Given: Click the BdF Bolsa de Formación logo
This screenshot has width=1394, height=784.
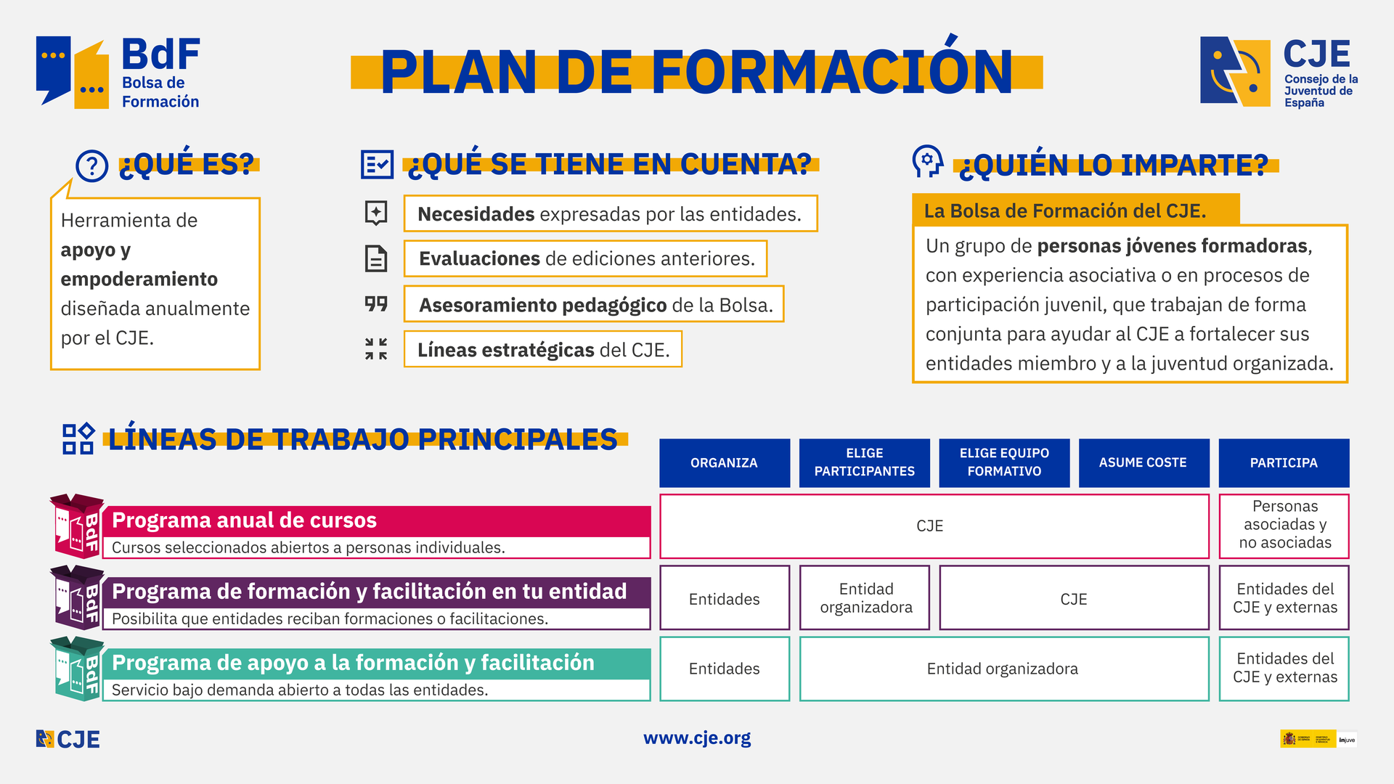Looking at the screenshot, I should click(x=118, y=73).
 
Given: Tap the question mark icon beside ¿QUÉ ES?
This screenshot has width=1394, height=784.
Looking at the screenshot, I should click(x=92, y=166).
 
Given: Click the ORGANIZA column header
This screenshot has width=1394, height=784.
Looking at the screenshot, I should click(x=724, y=462).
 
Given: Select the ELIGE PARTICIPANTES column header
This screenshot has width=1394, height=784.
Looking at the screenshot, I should click(x=864, y=462).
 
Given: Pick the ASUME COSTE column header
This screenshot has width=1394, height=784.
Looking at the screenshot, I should click(x=1143, y=462).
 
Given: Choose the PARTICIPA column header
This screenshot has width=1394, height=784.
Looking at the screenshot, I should click(x=1283, y=462).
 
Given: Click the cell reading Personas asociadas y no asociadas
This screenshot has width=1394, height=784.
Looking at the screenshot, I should click(x=1284, y=525).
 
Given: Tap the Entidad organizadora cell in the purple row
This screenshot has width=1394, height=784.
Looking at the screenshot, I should click(x=865, y=598).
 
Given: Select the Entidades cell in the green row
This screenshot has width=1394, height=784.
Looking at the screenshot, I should click(x=724, y=669).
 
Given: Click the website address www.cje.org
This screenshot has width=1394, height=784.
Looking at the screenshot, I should click(x=697, y=738).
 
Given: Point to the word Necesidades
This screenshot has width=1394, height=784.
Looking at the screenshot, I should click(x=476, y=214).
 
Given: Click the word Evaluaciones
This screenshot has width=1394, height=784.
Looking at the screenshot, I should click(x=479, y=259).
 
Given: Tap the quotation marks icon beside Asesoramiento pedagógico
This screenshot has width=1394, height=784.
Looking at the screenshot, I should click(x=376, y=303).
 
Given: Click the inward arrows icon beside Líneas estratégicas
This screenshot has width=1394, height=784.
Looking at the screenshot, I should click(x=376, y=348).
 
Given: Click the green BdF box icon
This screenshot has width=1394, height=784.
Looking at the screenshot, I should click(x=77, y=669).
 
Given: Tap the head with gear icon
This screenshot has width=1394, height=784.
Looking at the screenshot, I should click(x=927, y=161).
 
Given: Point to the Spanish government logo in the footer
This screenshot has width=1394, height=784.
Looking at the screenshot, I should click(x=1307, y=739).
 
